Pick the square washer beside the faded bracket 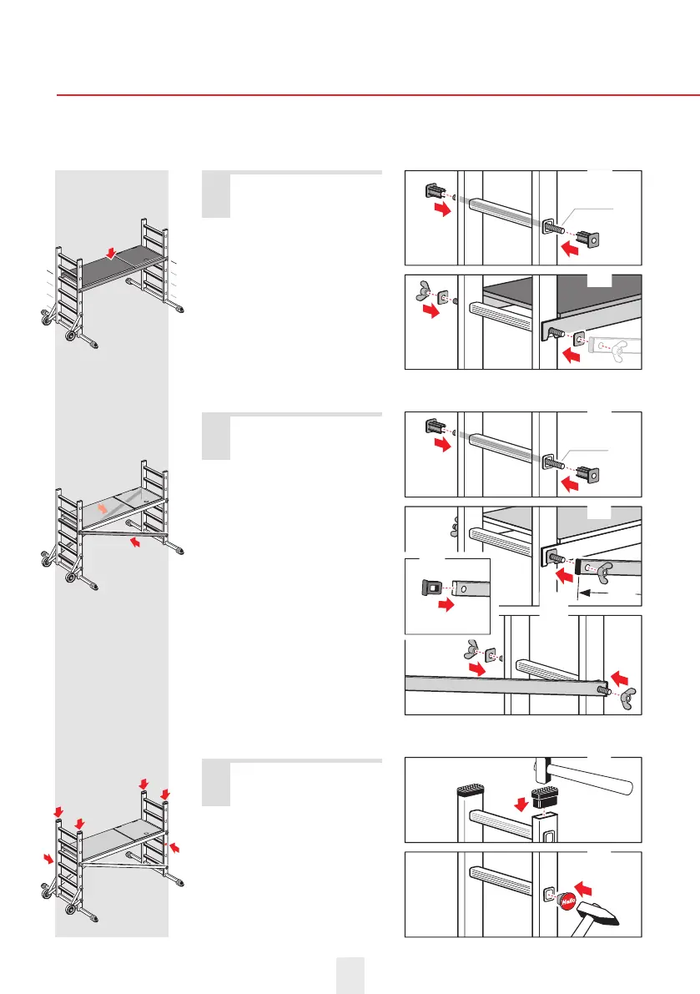pyautogui.click(x=577, y=341)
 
